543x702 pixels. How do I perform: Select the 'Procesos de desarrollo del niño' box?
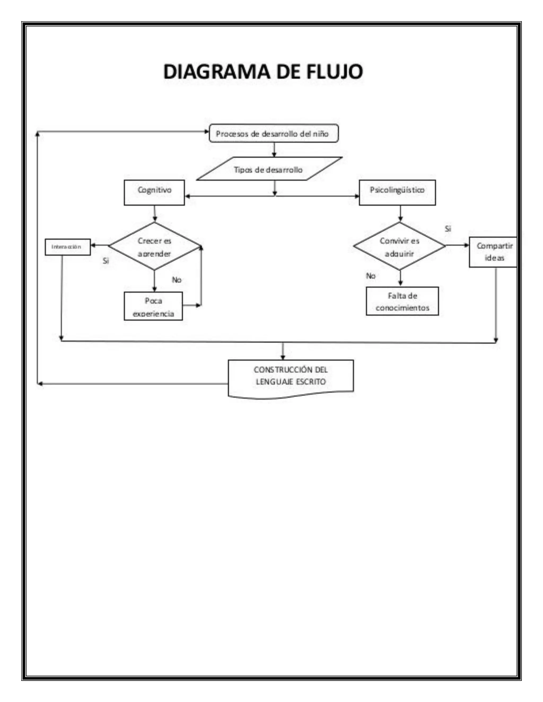click(273, 134)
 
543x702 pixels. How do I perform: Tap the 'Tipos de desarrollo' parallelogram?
click(269, 169)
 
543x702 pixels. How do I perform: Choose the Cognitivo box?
click(154, 193)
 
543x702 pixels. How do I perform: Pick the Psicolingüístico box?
click(397, 193)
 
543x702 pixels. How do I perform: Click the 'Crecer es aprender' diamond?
click(154, 247)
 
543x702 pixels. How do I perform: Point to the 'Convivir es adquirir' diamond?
click(400, 247)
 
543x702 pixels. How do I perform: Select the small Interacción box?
click(68, 247)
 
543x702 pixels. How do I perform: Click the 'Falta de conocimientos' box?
click(402, 301)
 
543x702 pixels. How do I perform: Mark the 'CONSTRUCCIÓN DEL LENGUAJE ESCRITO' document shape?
click(291, 377)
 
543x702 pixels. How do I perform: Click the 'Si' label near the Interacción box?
click(106, 261)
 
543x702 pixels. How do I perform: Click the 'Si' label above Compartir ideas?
click(448, 229)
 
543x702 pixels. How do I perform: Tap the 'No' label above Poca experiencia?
click(177, 280)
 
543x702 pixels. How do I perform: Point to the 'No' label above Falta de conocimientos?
click(371, 276)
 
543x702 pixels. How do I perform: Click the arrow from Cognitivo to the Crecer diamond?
click(155, 214)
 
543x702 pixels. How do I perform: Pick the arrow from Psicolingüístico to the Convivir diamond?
click(400, 214)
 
